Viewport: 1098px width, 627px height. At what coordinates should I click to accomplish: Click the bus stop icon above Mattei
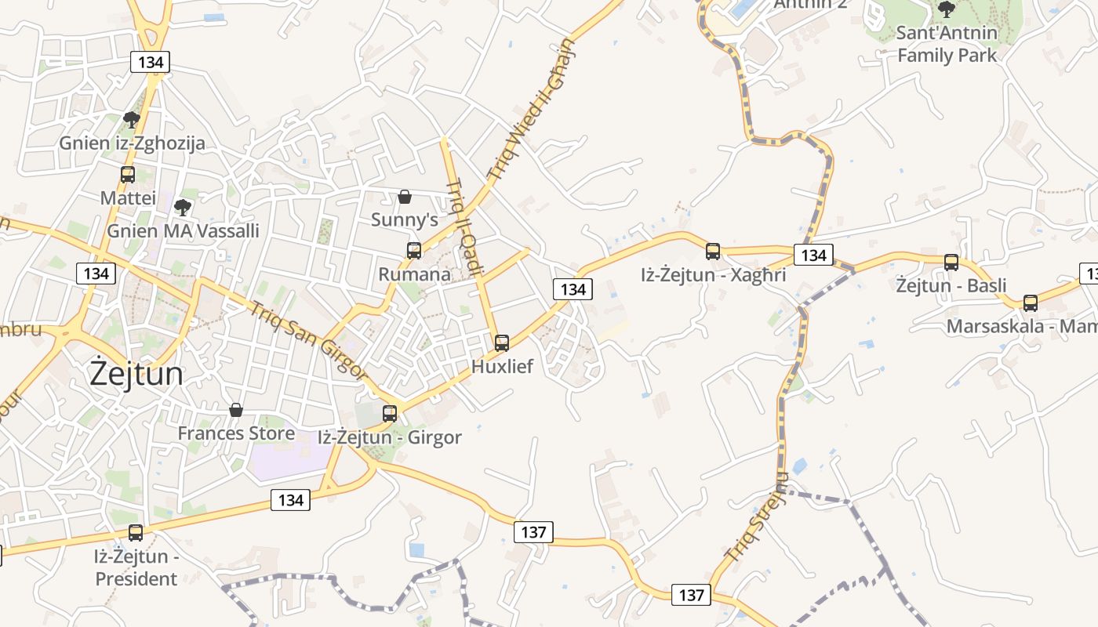[128, 175]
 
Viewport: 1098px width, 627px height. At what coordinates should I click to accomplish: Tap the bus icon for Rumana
[414, 251]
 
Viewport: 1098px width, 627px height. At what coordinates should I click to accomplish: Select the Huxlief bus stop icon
[502, 342]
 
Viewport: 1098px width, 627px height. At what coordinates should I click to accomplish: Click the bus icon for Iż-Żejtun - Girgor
[390, 413]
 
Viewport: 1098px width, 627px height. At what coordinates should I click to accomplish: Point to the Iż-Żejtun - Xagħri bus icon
[713, 252]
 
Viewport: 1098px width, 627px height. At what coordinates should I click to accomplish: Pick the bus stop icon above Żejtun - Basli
[951, 263]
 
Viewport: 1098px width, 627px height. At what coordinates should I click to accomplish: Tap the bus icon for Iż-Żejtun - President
[136, 533]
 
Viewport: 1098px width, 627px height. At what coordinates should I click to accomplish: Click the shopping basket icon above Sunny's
[405, 197]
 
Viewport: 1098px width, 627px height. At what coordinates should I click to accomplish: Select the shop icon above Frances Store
[235, 410]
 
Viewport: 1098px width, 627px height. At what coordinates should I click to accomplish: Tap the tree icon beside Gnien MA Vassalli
[183, 208]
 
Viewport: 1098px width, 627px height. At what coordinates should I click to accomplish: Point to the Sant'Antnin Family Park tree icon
[947, 9]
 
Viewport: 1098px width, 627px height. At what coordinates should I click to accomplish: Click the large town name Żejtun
[136, 374]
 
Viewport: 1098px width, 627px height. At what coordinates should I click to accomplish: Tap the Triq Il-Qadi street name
[465, 227]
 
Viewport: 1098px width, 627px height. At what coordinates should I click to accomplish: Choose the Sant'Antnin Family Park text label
[947, 44]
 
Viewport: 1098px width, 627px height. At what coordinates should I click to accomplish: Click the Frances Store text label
[236, 433]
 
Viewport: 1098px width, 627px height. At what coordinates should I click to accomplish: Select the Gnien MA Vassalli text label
[183, 231]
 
